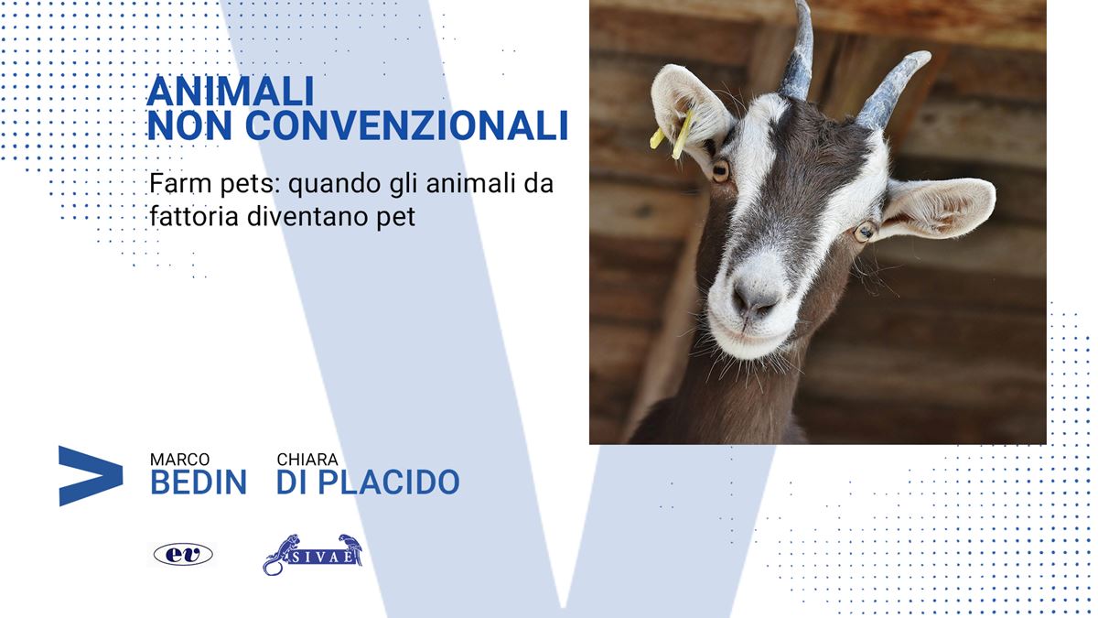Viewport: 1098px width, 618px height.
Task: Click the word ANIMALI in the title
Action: tap(231, 92)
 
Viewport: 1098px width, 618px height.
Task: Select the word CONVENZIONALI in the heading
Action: tap(406, 125)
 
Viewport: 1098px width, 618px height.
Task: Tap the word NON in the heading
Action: tap(189, 125)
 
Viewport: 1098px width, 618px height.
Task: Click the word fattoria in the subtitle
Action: tap(194, 216)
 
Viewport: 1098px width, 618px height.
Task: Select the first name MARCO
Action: tap(180, 460)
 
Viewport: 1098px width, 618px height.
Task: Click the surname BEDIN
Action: tap(199, 482)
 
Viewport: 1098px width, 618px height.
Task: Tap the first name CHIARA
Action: tap(307, 460)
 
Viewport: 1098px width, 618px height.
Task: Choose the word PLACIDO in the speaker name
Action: tap(389, 482)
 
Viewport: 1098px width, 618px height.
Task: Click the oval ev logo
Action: tap(183, 555)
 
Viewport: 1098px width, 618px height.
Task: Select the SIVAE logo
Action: tap(313, 554)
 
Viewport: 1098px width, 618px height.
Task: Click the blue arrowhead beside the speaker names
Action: tap(91, 476)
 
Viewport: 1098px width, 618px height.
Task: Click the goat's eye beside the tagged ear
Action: tap(721, 170)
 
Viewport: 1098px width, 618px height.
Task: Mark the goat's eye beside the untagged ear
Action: tap(866, 232)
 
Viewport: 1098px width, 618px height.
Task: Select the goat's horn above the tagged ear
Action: tap(797, 51)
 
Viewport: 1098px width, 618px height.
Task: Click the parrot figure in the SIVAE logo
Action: tap(352, 548)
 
